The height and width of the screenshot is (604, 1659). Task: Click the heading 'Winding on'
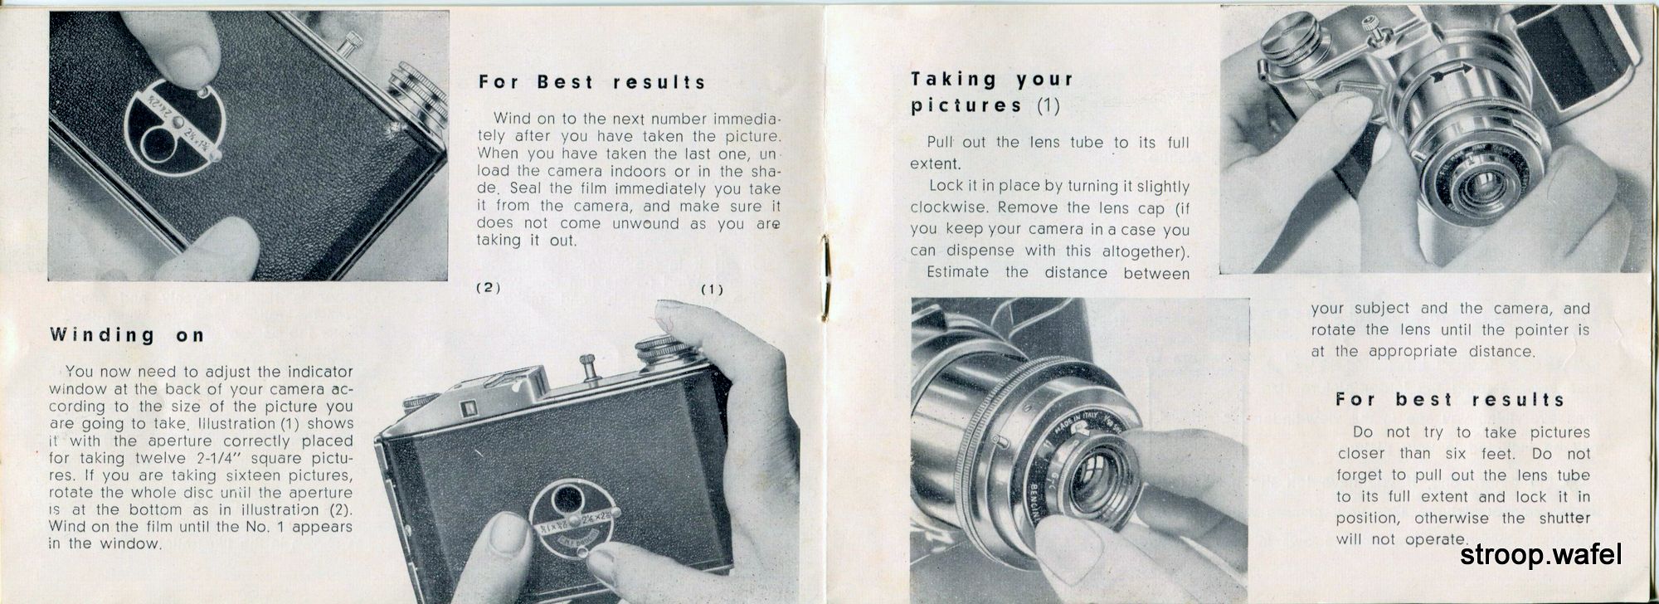pos(127,335)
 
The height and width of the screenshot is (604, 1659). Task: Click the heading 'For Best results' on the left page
pos(592,82)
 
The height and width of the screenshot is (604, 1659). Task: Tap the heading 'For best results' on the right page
pos(1450,399)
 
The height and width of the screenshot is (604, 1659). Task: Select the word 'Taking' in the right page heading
pos(953,80)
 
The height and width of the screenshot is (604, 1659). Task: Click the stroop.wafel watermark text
pos(1540,555)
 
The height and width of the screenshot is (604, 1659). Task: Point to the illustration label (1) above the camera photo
pos(712,290)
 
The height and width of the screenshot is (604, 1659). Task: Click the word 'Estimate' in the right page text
pos(957,272)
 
